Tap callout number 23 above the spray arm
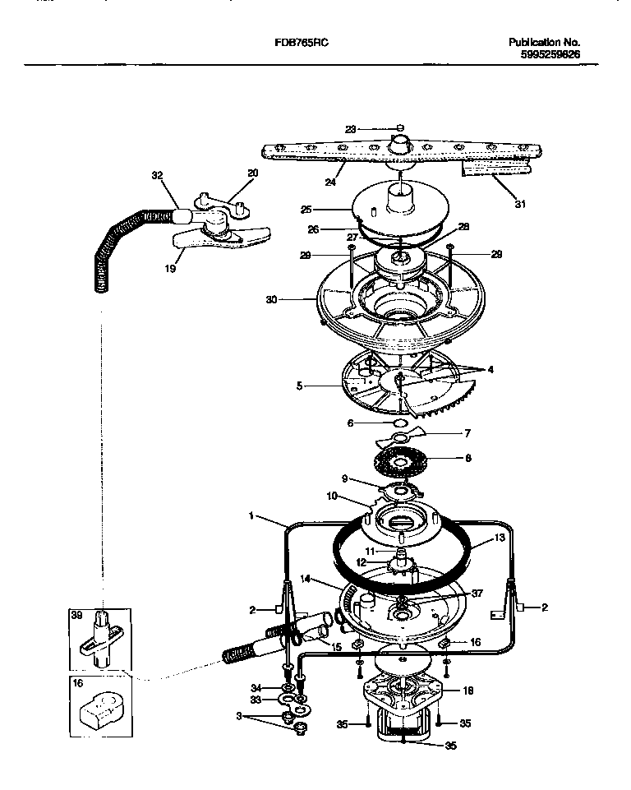pyautogui.click(x=350, y=128)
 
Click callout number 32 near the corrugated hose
pyautogui.click(x=158, y=175)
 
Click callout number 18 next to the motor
pyautogui.click(x=467, y=691)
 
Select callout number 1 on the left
pyautogui.click(x=250, y=515)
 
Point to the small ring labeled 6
pyautogui.click(x=401, y=423)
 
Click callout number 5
pyautogui.click(x=299, y=384)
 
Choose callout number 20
pyautogui.click(x=252, y=173)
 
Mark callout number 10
pyautogui.click(x=332, y=496)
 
